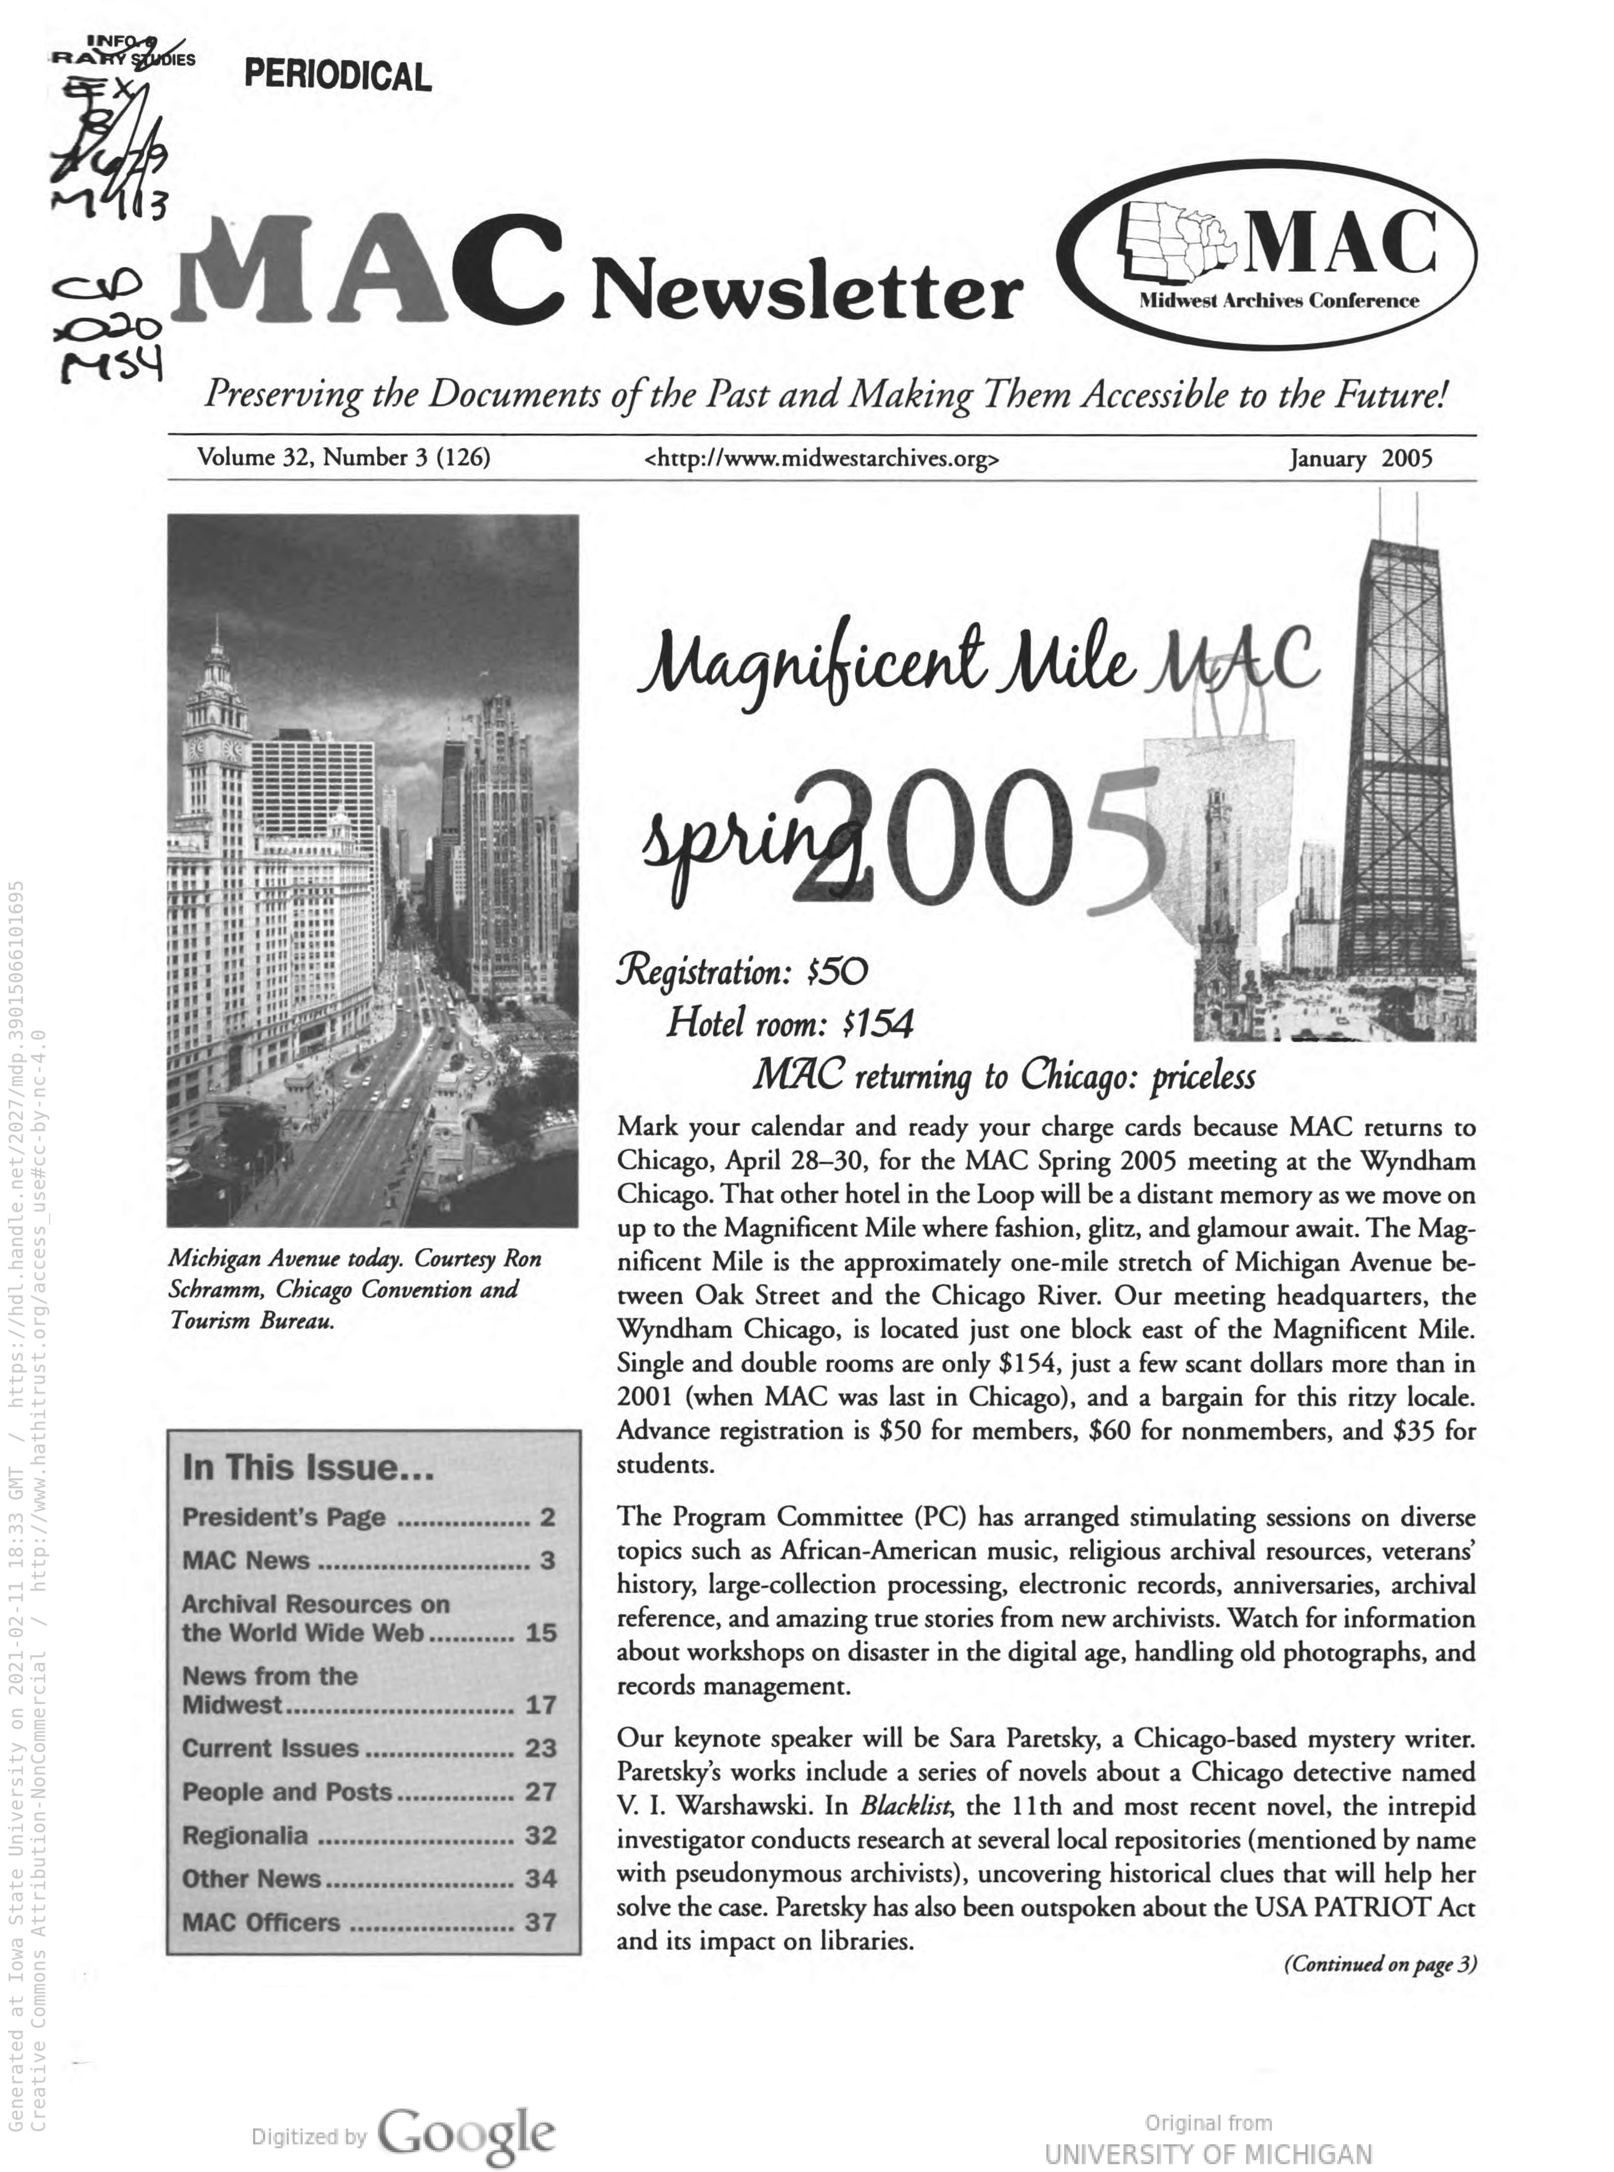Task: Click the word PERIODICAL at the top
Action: coord(337,76)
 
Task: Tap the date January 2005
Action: coord(1360,458)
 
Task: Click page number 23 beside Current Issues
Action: coord(540,1748)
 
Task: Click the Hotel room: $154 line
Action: coord(789,1023)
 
